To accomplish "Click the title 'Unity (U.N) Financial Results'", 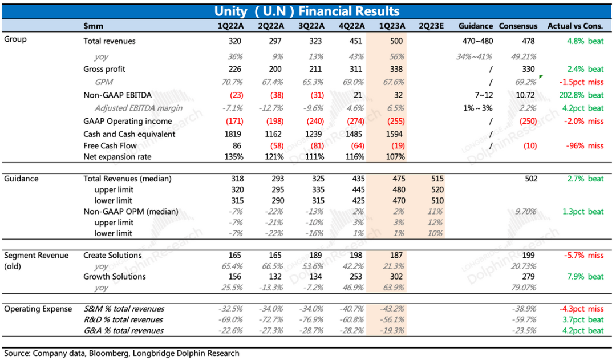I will coord(307,11).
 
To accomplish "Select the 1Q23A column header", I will coord(392,26).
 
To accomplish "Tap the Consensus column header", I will coord(518,26).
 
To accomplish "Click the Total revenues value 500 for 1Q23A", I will coord(396,41).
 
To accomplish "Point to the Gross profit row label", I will coord(104,69).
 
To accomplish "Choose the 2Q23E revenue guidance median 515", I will coord(436,179).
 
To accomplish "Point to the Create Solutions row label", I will coord(112,255).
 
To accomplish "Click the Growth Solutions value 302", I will coord(396,277).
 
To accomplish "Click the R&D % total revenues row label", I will coord(123,319).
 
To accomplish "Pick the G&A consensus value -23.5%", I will coord(525,330).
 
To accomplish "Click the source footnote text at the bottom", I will coord(121,353).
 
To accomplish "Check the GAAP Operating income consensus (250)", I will coord(528,121).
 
